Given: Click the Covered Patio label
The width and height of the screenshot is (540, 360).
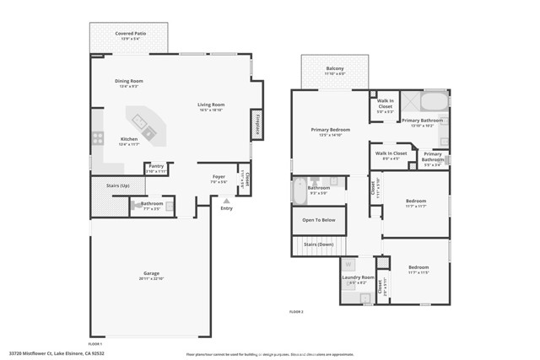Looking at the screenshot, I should (x=130, y=34).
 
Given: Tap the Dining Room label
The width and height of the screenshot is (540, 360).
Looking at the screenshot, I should (x=129, y=81).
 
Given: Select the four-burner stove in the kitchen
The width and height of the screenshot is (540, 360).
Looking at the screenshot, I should (x=98, y=138).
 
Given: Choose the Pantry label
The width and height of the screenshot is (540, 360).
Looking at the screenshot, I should (x=156, y=167).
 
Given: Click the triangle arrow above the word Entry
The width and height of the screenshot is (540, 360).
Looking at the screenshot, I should (x=225, y=201).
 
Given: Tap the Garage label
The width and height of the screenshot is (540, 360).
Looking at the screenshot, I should (x=151, y=274).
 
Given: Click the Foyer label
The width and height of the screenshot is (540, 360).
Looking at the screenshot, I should (x=218, y=177).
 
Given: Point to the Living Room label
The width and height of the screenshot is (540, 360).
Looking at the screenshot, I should (x=210, y=105).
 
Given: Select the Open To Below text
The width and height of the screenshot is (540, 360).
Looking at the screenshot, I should (x=319, y=220).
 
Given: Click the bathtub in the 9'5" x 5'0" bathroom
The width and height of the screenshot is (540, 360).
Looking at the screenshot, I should (x=300, y=191).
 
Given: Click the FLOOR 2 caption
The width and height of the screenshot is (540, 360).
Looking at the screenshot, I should (x=296, y=312).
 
